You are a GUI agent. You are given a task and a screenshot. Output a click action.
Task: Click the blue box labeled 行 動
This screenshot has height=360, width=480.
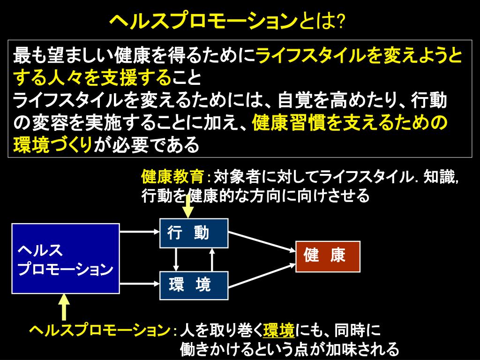(194, 233)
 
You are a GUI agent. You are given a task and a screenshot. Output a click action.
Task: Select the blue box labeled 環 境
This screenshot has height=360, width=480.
(194, 285)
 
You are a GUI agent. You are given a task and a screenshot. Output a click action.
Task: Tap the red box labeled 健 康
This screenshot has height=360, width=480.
(328, 256)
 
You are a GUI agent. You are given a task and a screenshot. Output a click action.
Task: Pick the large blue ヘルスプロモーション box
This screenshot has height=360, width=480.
(65, 258)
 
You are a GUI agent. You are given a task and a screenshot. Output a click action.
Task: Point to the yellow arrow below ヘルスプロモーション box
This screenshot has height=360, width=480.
(65, 307)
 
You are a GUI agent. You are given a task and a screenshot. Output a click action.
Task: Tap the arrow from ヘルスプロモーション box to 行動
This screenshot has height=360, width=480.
(139, 231)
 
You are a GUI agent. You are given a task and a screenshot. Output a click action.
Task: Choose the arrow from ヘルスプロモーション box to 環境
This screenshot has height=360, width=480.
(139, 282)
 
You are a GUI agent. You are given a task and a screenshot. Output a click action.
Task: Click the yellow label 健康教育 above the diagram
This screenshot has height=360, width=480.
(172, 177)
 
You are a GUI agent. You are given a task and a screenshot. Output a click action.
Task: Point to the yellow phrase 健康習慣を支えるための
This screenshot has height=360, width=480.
(350, 123)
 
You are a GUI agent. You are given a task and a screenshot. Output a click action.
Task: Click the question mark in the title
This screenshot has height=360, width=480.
(341, 20)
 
